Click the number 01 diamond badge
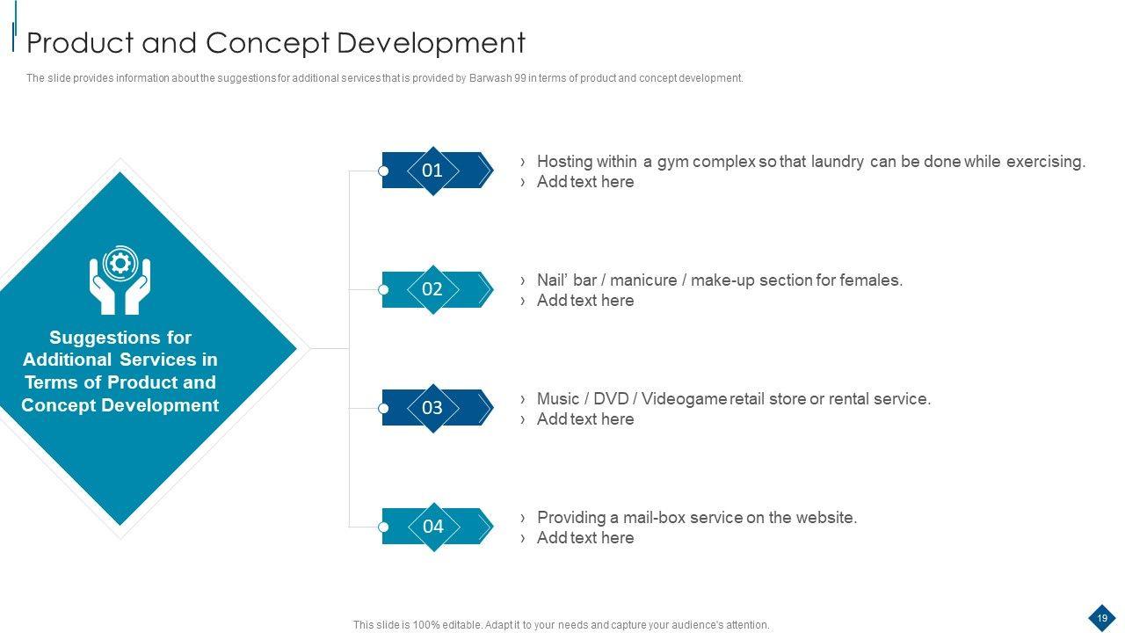(x=432, y=171)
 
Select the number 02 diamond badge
(x=432, y=289)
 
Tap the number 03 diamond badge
(x=432, y=408)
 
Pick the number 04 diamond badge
(x=433, y=527)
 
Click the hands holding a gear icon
(x=120, y=280)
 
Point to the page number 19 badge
(x=1102, y=618)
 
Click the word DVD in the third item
(x=611, y=399)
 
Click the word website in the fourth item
(x=824, y=518)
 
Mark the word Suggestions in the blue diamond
(x=120, y=338)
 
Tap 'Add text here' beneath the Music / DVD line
(x=585, y=419)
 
